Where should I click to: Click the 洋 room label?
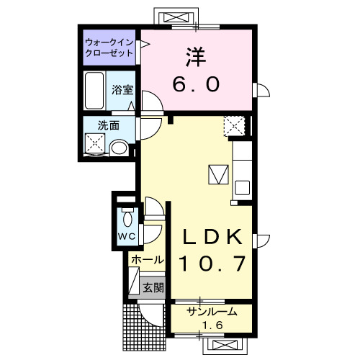tap(196, 57)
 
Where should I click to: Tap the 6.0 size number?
tap(196, 84)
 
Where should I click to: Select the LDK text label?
tap(212, 237)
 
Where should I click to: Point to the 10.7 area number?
tap(212, 264)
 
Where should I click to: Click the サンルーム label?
tap(212, 312)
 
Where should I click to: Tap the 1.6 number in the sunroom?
tap(212, 325)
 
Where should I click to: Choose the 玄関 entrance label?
tap(153, 287)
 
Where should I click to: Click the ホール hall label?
tap(148, 260)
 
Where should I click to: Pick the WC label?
tap(127, 237)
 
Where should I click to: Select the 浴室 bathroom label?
tap(122, 90)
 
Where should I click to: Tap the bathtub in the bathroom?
tap(94, 90)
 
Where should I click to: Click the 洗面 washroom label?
tap(109, 125)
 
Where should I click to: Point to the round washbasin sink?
tap(120, 148)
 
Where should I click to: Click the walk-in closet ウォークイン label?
tap(109, 43)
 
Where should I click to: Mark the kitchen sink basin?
tap(243, 188)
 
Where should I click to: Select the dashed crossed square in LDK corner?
tap(234, 126)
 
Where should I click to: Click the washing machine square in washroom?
tap(95, 143)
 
